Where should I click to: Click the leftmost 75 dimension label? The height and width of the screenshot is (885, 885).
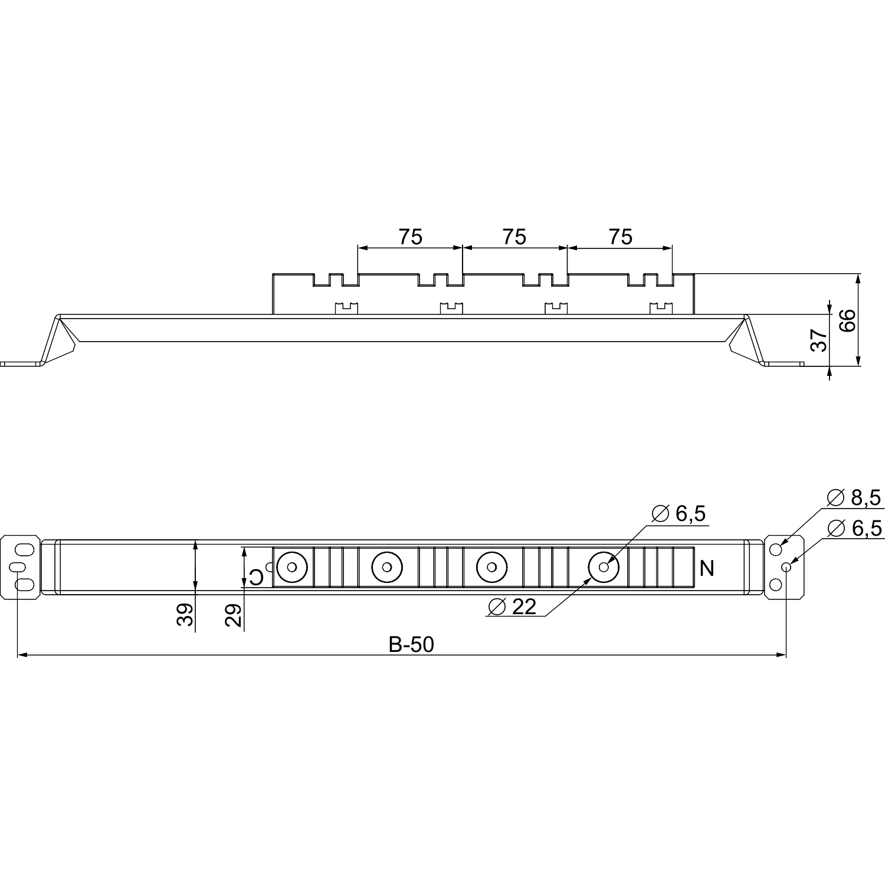(x=411, y=237)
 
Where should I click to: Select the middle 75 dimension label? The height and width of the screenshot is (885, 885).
(x=514, y=237)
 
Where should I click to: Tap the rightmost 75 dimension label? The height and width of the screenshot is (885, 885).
(x=620, y=237)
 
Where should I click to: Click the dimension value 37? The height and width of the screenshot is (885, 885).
(x=819, y=340)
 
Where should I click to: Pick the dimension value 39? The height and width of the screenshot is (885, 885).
(x=185, y=615)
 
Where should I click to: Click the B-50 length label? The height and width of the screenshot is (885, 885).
(x=411, y=645)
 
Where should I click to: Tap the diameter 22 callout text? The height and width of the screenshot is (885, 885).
(x=513, y=607)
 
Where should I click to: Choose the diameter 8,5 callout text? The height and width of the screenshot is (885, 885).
(x=854, y=498)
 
